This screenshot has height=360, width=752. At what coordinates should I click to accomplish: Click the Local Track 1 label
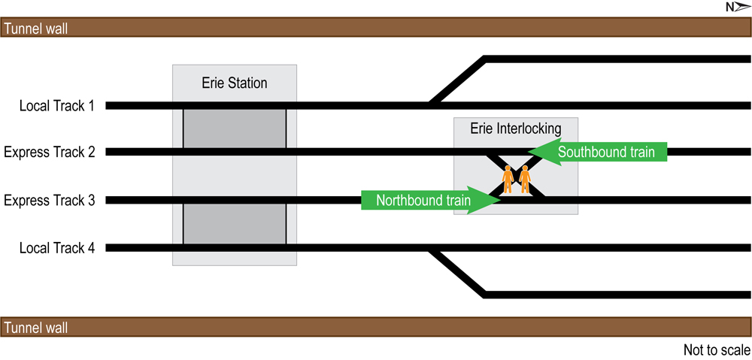[x=57, y=106]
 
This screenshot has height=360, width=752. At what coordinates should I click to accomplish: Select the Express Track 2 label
[x=50, y=153]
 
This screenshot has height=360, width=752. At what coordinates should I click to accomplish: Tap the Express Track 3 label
[x=50, y=201]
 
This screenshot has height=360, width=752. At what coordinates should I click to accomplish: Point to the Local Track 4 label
[x=57, y=248]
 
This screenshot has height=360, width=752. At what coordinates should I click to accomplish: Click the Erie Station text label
[x=235, y=83]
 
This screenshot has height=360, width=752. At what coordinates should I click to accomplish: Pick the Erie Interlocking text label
[x=516, y=129]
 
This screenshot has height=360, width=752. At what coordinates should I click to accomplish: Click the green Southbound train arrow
[x=598, y=152]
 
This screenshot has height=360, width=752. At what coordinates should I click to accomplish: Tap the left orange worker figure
[x=508, y=179]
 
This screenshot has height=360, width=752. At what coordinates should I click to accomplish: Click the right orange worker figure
[x=525, y=179]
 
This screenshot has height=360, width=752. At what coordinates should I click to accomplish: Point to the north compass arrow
[x=737, y=8]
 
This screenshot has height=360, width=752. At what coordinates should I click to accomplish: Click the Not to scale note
[x=716, y=350]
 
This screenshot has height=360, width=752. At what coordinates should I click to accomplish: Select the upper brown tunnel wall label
[x=37, y=29]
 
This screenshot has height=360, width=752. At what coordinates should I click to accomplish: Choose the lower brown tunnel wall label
[x=37, y=328]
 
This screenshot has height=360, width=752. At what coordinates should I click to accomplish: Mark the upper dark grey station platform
[x=235, y=129]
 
